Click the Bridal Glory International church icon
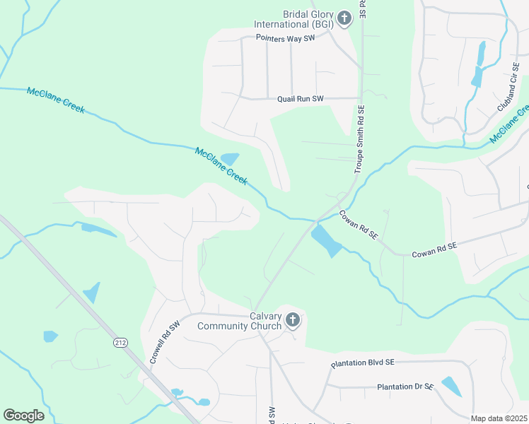tap(344, 18)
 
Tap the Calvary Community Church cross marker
tap(293, 322)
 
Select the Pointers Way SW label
tap(285, 38)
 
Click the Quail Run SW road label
tap(300, 99)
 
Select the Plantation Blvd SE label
tap(362, 363)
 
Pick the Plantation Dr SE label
tap(405, 387)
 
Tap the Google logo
tap(23, 416)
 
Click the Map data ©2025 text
tap(498, 418)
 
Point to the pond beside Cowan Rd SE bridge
tap(326, 241)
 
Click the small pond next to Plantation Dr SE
tap(450, 386)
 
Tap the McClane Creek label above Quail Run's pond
tap(221, 165)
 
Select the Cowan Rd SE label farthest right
tap(434, 247)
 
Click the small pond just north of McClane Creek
tap(230, 159)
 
